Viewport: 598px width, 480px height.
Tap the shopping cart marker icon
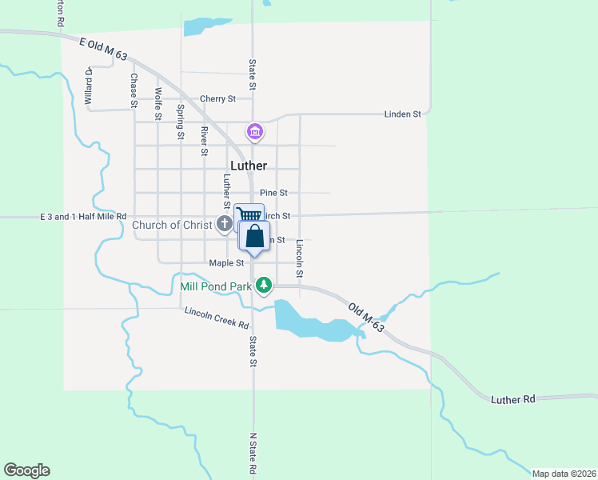(x=249, y=215)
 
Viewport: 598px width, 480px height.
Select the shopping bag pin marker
(x=254, y=238)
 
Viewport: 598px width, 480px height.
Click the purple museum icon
(x=254, y=130)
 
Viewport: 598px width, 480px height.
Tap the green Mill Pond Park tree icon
(x=262, y=284)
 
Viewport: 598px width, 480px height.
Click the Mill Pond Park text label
(x=212, y=284)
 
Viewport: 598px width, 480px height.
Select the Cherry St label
(x=217, y=98)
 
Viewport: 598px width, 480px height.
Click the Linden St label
(x=402, y=114)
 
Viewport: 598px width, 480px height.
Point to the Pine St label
(x=273, y=193)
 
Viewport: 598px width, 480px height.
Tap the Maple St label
(x=226, y=262)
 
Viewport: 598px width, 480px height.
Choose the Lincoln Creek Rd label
(x=216, y=318)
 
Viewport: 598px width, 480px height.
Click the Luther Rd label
(x=512, y=398)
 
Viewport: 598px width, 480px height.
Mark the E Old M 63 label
(x=103, y=48)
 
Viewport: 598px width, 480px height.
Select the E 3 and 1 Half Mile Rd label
(x=84, y=216)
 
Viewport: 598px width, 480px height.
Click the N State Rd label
(x=253, y=454)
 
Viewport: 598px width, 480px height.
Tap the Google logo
(x=26, y=470)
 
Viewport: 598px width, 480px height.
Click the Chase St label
(x=134, y=90)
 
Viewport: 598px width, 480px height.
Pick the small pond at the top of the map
(x=196, y=26)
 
